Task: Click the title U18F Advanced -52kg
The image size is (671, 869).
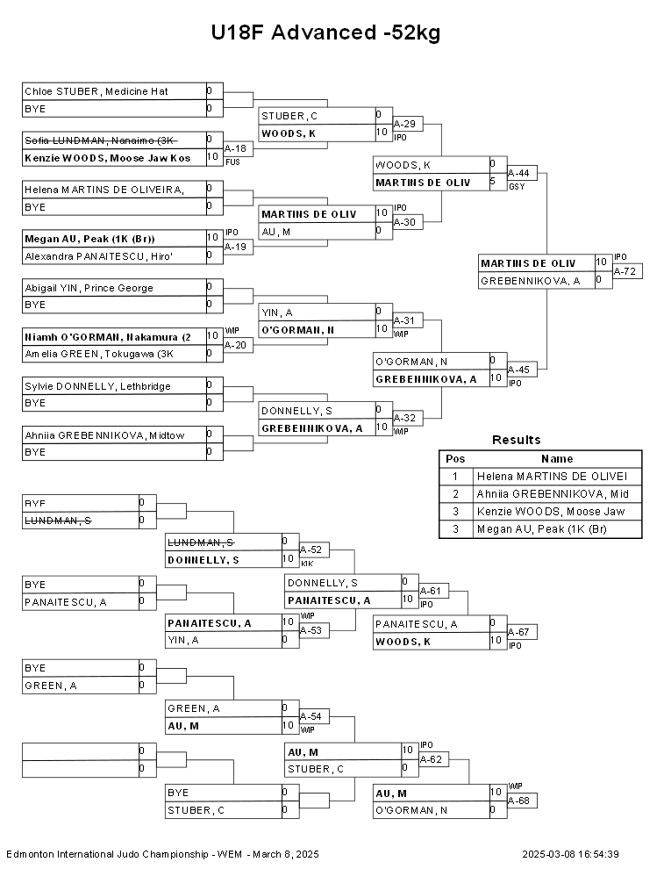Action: pos(325,33)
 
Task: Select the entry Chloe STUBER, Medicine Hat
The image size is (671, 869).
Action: pos(96,91)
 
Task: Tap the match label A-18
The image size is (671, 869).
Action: pos(235,149)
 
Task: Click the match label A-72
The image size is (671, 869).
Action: pos(626,271)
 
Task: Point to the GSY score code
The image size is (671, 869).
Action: pos(515,187)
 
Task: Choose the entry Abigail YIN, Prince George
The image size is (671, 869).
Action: pos(89,288)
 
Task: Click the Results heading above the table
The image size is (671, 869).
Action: pos(516,440)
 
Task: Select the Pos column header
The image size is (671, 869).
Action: pos(455,459)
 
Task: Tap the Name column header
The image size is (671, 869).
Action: pos(557,459)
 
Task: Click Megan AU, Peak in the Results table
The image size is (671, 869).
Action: pos(542,529)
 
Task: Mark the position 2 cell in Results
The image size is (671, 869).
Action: pos(455,494)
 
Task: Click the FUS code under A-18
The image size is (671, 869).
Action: pos(232,162)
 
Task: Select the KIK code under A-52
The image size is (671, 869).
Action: pos(306,563)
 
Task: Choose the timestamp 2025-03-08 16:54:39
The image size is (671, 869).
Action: pos(570,854)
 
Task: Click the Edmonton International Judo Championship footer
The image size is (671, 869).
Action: pos(162,854)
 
